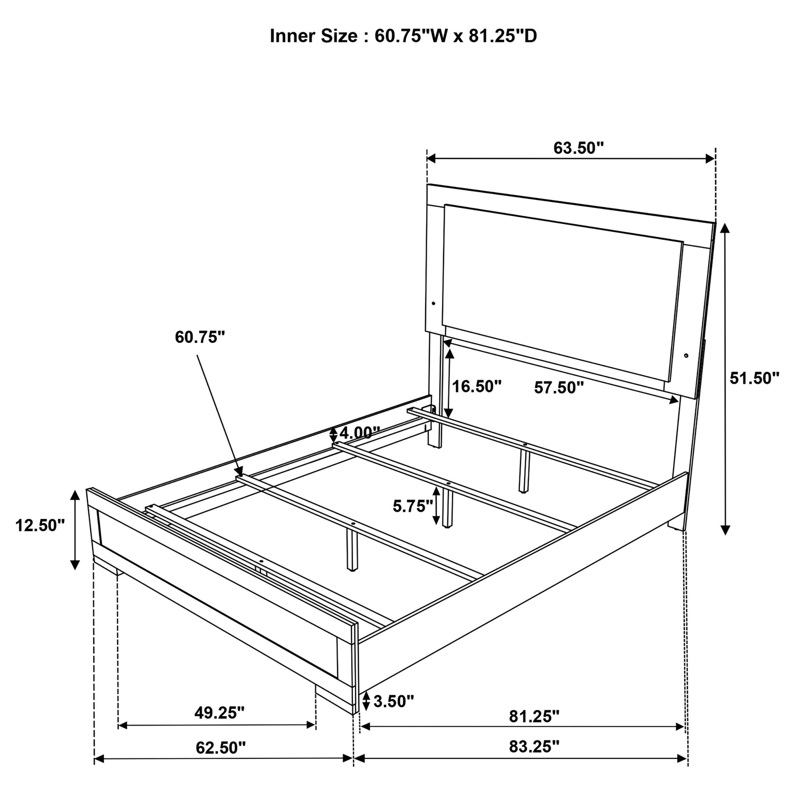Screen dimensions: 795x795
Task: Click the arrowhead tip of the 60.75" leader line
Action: [x=242, y=475]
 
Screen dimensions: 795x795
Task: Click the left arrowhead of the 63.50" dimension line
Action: [x=428, y=158]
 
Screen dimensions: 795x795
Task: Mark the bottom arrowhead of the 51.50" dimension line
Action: [x=726, y=534]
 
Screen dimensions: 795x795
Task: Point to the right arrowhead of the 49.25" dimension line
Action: [x=315, y=725]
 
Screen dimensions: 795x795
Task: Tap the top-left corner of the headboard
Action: [x=428, y=184]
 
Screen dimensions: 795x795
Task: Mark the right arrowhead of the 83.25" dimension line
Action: [x=687, y=759]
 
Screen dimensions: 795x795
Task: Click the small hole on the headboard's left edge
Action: [x=434, y=304]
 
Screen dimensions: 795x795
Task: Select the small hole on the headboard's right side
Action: [x=686, y=356]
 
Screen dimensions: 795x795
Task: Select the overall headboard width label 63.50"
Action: [x=579, y=148]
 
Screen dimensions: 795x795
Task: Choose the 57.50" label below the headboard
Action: [x=559, y=388]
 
